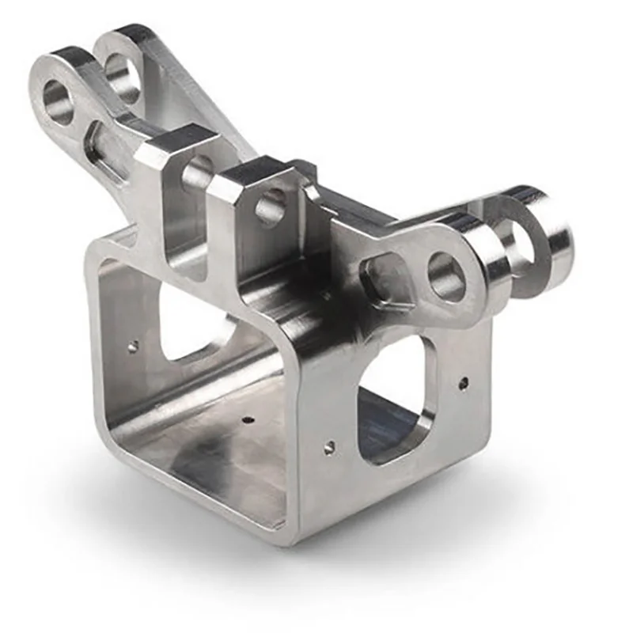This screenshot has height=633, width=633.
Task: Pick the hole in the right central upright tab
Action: coord(271,207)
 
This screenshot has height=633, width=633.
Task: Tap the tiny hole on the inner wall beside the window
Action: coord(133,346)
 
